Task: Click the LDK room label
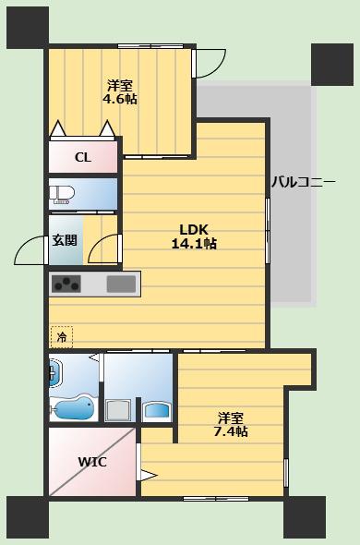coord(194,229)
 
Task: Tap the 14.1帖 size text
coord(194,244)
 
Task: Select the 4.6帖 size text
coord(119,99)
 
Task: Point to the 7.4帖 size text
coord(231,431)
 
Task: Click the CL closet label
coord(83,157)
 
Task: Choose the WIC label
coord(92,462)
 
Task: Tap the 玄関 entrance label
coord(65,240)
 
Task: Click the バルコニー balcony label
coord(304,182)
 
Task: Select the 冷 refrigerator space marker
coord(62,337)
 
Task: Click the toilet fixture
coord(62,195)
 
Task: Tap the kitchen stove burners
coord(66,284)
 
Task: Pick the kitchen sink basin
coord(121,284)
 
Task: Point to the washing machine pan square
coord(118,410)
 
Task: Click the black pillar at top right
coord(332,65)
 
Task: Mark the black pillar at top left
coord(28,28)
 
